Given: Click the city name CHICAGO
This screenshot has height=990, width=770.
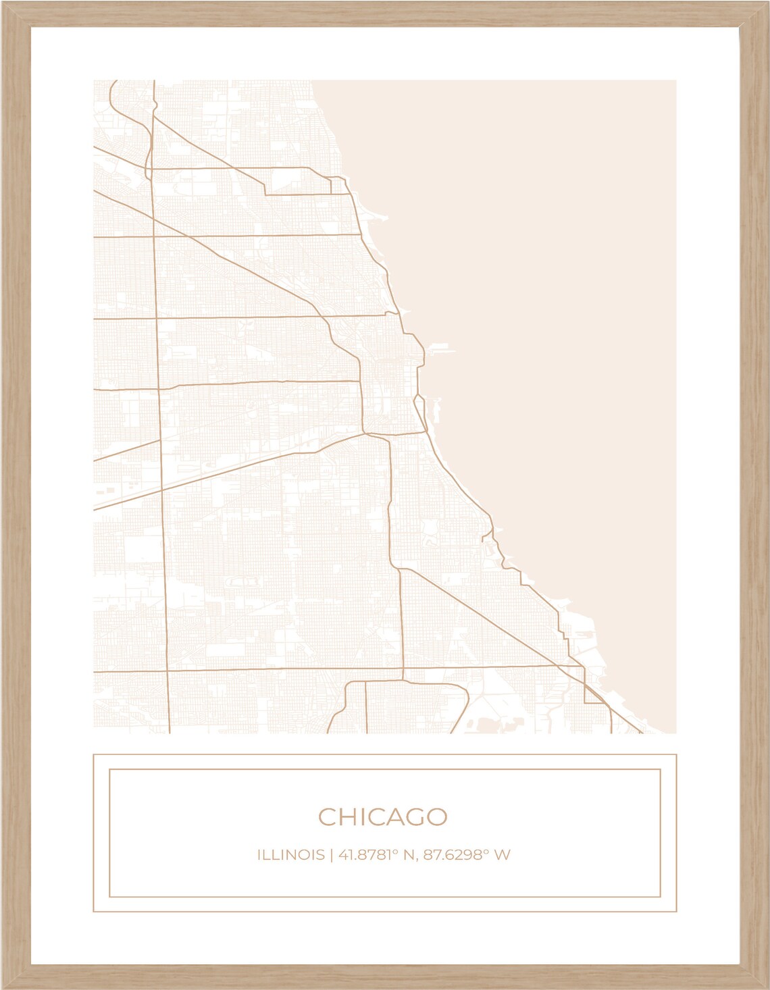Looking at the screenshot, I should (382, 816).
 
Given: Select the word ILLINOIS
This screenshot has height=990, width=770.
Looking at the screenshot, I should (290, 855).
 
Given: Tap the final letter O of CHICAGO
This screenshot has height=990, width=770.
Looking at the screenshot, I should (437, 816).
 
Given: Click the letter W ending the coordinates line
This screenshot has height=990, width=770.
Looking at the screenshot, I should (503, 855).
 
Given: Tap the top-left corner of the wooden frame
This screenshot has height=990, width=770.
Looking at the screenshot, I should (3, 3).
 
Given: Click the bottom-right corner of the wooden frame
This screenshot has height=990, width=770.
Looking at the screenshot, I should (767, 987).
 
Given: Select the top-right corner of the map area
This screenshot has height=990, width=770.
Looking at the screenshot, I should (675, 80).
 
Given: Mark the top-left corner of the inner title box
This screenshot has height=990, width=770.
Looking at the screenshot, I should (109, 769).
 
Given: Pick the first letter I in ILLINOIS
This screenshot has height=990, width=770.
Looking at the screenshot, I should (259, 855).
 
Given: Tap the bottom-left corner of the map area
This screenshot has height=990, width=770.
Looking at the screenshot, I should (94, 733).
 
